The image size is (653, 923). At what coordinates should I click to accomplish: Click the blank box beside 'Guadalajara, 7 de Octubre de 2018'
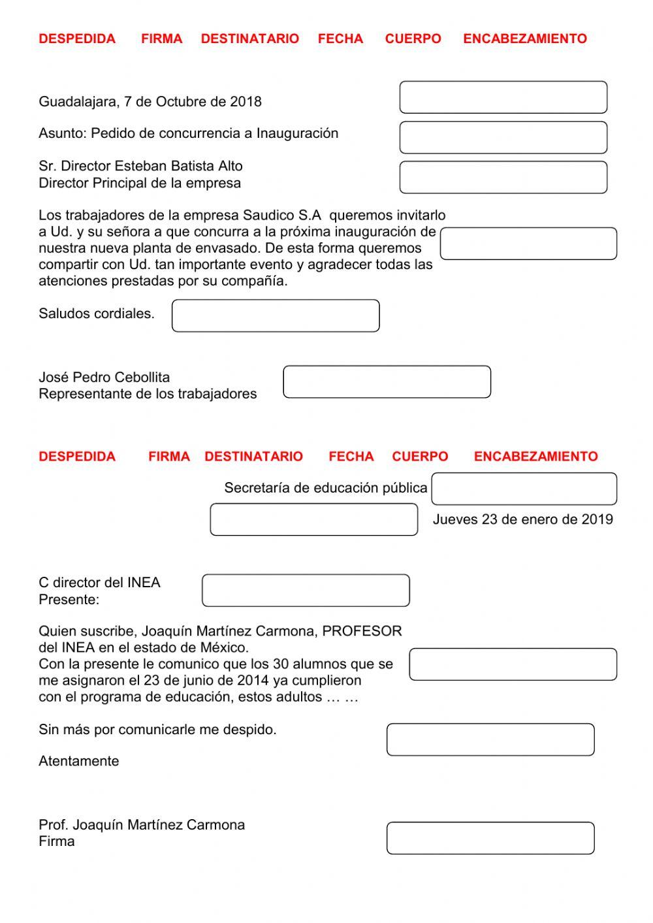(x=503, y=97)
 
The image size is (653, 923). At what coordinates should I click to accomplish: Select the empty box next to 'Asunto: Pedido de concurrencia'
(x=503, y=137)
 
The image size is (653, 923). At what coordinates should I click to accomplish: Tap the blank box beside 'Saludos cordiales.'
(x=276, y=316)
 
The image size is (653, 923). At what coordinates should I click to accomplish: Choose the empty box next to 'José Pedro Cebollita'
(x=387, y=382)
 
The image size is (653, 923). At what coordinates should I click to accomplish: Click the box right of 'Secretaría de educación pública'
(x=524, y=489)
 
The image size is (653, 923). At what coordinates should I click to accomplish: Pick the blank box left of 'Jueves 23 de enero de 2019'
(x=313, y=519)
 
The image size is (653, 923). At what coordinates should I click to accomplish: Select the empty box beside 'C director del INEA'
(x=306, y=591)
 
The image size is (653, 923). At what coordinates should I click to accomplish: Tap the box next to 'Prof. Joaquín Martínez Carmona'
(x=490, y=838)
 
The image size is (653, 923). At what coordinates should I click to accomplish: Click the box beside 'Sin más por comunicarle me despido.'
(x=490, y=739)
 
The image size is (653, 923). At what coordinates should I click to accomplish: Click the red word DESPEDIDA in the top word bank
(x=77, y=39)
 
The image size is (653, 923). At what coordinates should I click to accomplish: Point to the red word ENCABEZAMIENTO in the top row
(x=525, y=39)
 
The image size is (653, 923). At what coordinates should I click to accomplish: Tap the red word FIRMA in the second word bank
(x=168, y=457)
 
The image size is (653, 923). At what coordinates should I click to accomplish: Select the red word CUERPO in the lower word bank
(x=420, y=457)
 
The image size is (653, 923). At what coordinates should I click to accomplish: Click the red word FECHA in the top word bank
(x=340, y=39)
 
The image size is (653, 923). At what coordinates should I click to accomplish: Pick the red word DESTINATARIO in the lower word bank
(x=253, y=457)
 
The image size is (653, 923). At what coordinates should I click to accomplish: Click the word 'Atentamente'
(x=79, y=761)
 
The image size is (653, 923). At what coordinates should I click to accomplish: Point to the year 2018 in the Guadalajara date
(x=246, y=102)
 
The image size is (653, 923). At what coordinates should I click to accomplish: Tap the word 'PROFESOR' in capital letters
(x=362, y=631)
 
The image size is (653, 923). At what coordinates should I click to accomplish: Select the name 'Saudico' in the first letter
(x=268, y=216)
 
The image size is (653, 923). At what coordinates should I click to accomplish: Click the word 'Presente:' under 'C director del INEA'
(x=69, y=600)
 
